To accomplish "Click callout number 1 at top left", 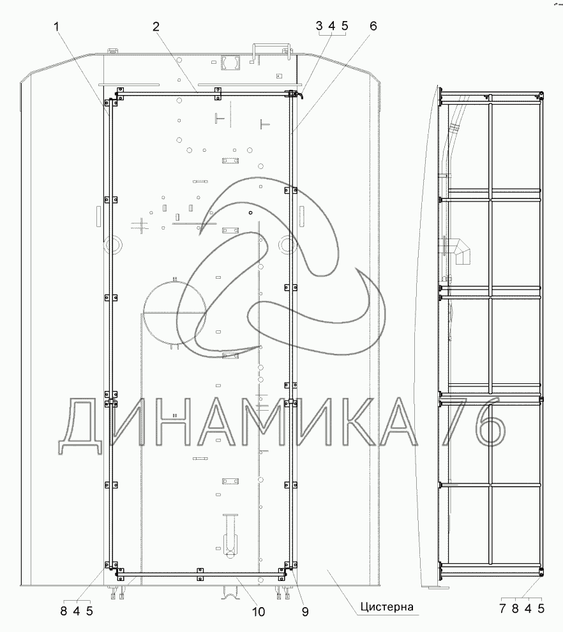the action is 56,27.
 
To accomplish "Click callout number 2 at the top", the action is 156,27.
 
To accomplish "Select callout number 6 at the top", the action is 373,26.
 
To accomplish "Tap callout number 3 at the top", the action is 319,26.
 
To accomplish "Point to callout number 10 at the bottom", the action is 259,612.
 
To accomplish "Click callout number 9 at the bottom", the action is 305,612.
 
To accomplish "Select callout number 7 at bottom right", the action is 502,608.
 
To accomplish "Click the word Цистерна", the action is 387,606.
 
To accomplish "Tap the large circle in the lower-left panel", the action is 175,312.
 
